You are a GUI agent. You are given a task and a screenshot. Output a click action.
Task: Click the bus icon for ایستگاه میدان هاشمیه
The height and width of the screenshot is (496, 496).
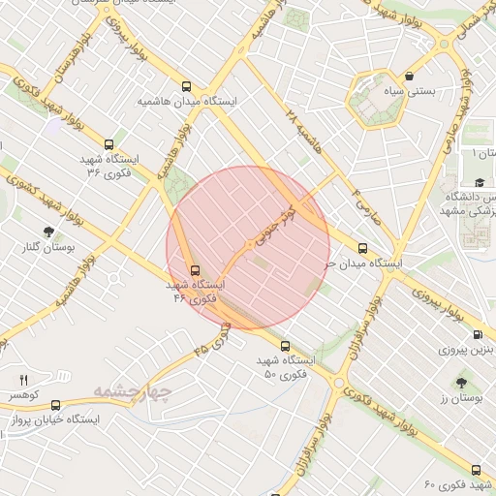click(x=187, y=85)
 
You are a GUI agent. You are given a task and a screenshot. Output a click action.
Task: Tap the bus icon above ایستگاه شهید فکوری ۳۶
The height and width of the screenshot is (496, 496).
click(x=119, y=142)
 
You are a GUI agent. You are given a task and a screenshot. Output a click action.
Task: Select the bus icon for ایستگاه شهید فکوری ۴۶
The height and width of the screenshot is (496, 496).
click(x=195, y=270)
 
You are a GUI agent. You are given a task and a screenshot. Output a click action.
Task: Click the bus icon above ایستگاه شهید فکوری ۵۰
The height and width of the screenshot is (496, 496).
click(x=284, y=346)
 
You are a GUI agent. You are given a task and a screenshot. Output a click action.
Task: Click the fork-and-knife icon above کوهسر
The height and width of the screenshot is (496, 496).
click(x=24, y=380)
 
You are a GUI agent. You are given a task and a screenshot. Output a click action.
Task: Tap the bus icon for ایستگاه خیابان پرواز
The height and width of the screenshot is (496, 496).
click(x=55, y=405)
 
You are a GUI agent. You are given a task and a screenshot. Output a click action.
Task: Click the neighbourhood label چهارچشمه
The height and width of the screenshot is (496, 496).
click(x=132, y=392)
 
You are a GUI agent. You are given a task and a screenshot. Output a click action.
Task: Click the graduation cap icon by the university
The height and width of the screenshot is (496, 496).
click(x=479, y=182)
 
